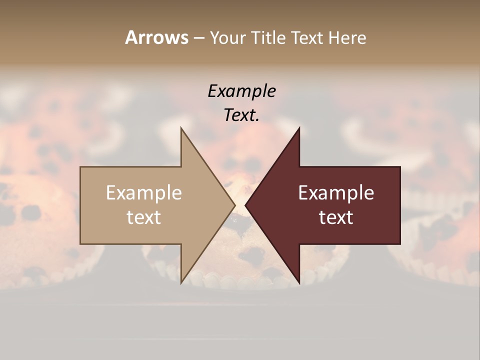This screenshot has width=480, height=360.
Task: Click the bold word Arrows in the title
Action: pyautogui.click(x=156, y=37)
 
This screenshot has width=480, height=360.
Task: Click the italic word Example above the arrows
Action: pyautogui.click(x=241, y=91)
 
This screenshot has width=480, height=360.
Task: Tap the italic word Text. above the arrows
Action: pyautogui.click(x=241, y=115)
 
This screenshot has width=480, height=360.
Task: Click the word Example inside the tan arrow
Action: pyautogui.click(x=144, y=193)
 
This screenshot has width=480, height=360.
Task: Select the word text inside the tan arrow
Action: pyautogui.click(x=144, y=217)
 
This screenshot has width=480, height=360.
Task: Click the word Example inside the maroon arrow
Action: pyautogui.click(x=336, y=193)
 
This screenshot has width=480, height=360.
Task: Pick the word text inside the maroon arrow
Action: pyautogui.click(x=336, y=217)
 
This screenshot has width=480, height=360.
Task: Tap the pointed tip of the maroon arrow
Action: pyautogui.click(x=246, y=205)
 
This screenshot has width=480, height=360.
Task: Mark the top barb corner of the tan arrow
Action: pyautogui.click(x=181, y=128)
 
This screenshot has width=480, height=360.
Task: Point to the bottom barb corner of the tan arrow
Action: pyautogui.click(x=181, y=282)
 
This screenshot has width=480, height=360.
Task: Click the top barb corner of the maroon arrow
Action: pyautogui.click(x=299, y=128)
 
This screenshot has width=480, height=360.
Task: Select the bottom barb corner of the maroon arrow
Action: pyautogui.click(x=299, y=282)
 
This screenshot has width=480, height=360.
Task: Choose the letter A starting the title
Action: pyautogui.click(x=131, y=37)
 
